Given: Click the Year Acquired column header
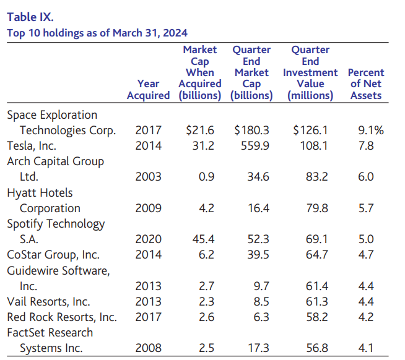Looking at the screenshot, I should pos(148,90).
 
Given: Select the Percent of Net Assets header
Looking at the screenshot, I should pos(366,84).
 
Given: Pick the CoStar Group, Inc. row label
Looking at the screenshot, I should pos(53,254).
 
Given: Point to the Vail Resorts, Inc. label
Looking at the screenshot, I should pos(48,302).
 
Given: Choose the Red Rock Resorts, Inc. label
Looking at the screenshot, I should pos(61,317).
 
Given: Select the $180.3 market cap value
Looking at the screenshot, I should pos(251,130).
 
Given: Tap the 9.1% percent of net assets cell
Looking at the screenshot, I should pos(371,130).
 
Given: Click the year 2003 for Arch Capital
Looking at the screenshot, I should pos(148,177).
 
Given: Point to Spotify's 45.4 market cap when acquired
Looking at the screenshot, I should pos(201,239).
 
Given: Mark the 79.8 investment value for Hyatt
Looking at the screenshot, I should pos(315,208).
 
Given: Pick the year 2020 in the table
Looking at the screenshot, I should pos(148,239).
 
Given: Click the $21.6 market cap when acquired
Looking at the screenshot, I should pos(200,130).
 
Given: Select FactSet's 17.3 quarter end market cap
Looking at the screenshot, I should pos(257,348).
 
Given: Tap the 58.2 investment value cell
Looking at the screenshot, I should pos(315,317).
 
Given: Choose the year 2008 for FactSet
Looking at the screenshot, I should pos(148,348).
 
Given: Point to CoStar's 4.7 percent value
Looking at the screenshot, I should pos(366,254).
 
